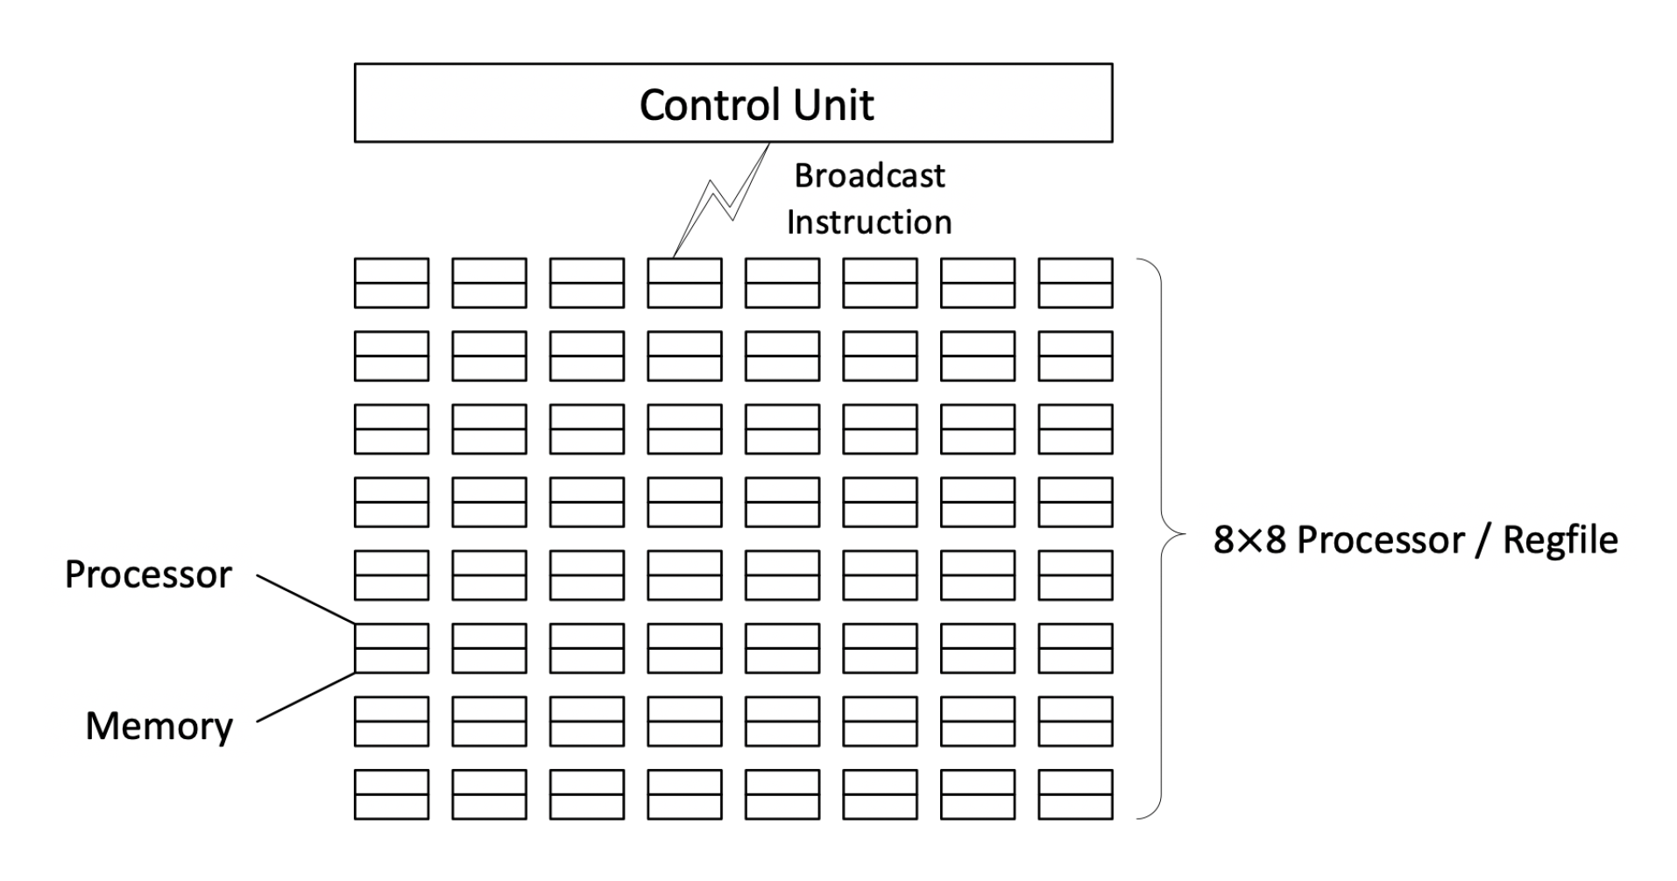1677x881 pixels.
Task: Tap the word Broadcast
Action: (869, 176)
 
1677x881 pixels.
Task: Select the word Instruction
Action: (868, 222)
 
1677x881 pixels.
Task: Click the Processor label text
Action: (148, 574)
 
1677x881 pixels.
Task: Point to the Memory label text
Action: (159, 726)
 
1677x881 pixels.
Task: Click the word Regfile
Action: (1560, 539)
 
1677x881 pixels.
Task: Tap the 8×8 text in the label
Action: (1249, 539)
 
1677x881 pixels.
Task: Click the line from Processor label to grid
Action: (307, 600)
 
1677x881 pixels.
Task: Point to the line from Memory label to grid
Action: (307, 697)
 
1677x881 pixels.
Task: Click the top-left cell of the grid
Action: (391, 283)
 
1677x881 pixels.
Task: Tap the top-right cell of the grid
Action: (1075, 283)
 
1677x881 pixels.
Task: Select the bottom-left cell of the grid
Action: (391, 794)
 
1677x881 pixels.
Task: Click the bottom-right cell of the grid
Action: (1075, 794)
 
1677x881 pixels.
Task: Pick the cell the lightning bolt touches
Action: (684, 283)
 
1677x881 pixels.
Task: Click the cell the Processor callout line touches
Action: (391, 648)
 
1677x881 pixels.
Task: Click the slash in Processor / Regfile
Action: (1482, 540)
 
